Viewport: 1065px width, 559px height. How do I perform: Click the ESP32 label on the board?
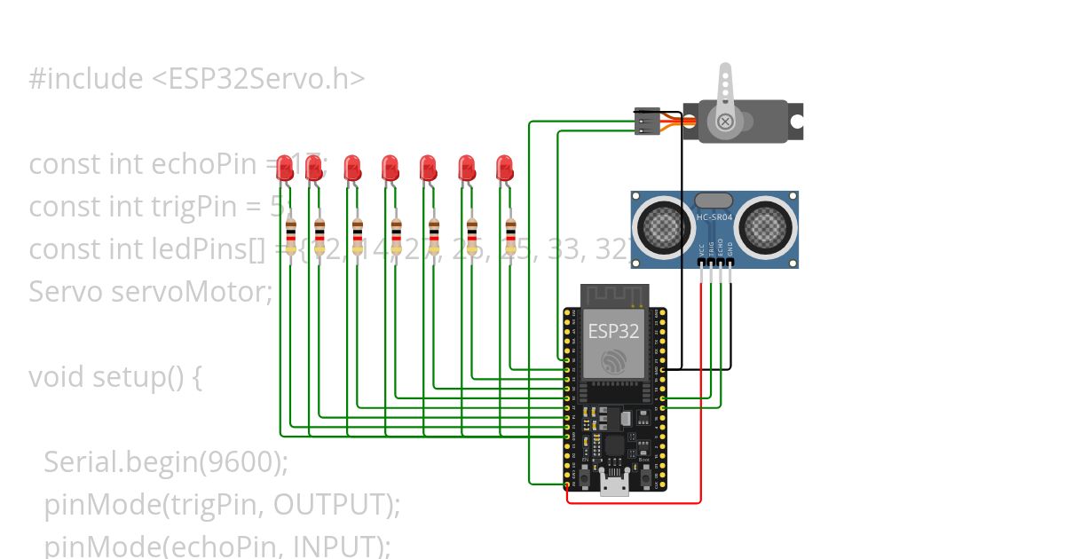613,332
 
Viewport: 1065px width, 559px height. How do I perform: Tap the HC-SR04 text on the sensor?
716,218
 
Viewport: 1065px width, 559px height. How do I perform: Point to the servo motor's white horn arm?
726,94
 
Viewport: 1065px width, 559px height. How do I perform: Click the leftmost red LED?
285,167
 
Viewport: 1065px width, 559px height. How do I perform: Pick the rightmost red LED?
504,167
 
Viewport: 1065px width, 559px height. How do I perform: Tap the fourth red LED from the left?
390,167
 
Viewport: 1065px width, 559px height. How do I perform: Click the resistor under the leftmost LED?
291,236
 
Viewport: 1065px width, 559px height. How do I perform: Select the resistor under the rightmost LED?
510,236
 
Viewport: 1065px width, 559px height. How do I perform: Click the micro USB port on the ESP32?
614,484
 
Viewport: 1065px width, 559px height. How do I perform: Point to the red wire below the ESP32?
635,503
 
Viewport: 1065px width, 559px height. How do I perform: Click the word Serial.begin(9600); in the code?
166,461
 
